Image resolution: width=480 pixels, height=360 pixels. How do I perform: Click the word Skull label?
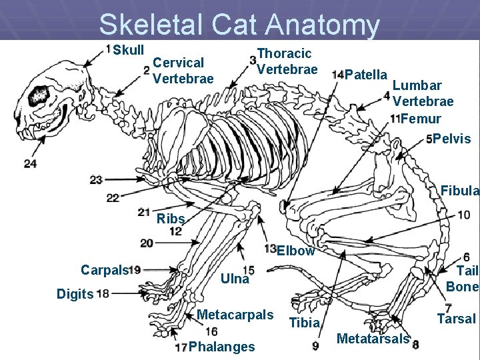pos(128,50)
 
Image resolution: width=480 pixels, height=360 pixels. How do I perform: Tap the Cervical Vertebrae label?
pos(183,71)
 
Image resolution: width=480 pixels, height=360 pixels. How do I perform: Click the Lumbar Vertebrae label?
pos(423,93)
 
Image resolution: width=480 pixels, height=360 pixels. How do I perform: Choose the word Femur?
pos(421,119)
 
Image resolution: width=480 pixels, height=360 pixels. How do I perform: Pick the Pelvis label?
pos(452,139)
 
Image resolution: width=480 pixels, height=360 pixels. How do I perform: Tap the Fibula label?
pos(459,191)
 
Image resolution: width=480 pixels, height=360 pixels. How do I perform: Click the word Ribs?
pos(170,219)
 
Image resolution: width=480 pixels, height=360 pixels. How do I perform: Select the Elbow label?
pos(295,251)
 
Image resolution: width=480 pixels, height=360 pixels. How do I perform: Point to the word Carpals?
pos(104,269)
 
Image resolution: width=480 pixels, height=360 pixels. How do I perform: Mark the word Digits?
pos(75,293)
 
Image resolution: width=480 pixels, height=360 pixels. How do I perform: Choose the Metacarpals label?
pos(235,314)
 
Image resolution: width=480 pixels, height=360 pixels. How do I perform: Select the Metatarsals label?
pos(373,339)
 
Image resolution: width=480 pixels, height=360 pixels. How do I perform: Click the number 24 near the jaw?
pos(30,163)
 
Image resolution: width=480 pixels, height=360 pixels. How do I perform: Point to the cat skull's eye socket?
pos(39,95)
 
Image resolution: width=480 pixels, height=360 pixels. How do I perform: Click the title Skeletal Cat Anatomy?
pos(239,25)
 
